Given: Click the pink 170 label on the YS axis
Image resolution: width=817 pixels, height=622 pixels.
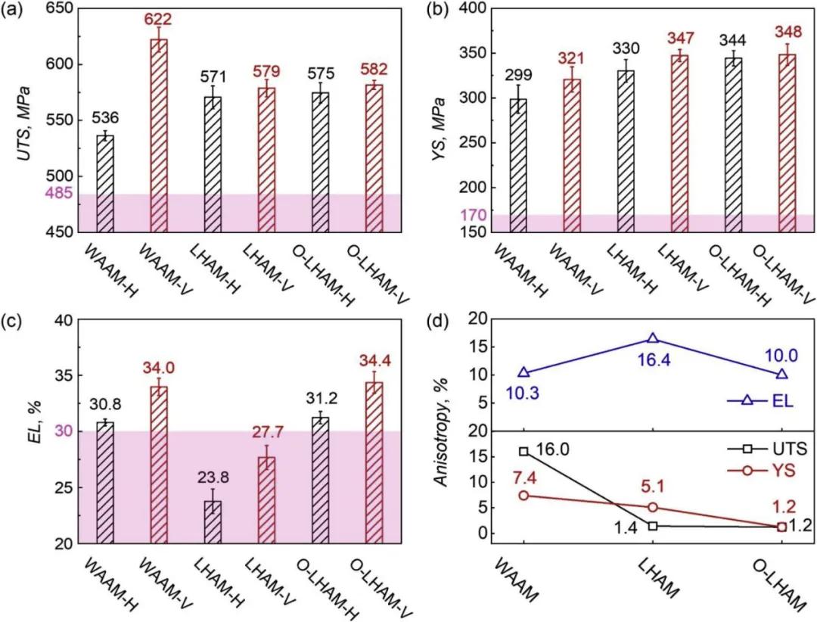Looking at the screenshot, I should click(x=473, y=215).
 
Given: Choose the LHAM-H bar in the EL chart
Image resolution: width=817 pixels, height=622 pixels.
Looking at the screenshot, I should click(x=213, y=521).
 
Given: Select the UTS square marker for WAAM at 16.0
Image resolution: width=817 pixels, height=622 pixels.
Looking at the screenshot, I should click(x=523, y=451).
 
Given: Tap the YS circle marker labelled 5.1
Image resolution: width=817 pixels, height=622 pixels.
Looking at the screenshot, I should click(x=653, y=507).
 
